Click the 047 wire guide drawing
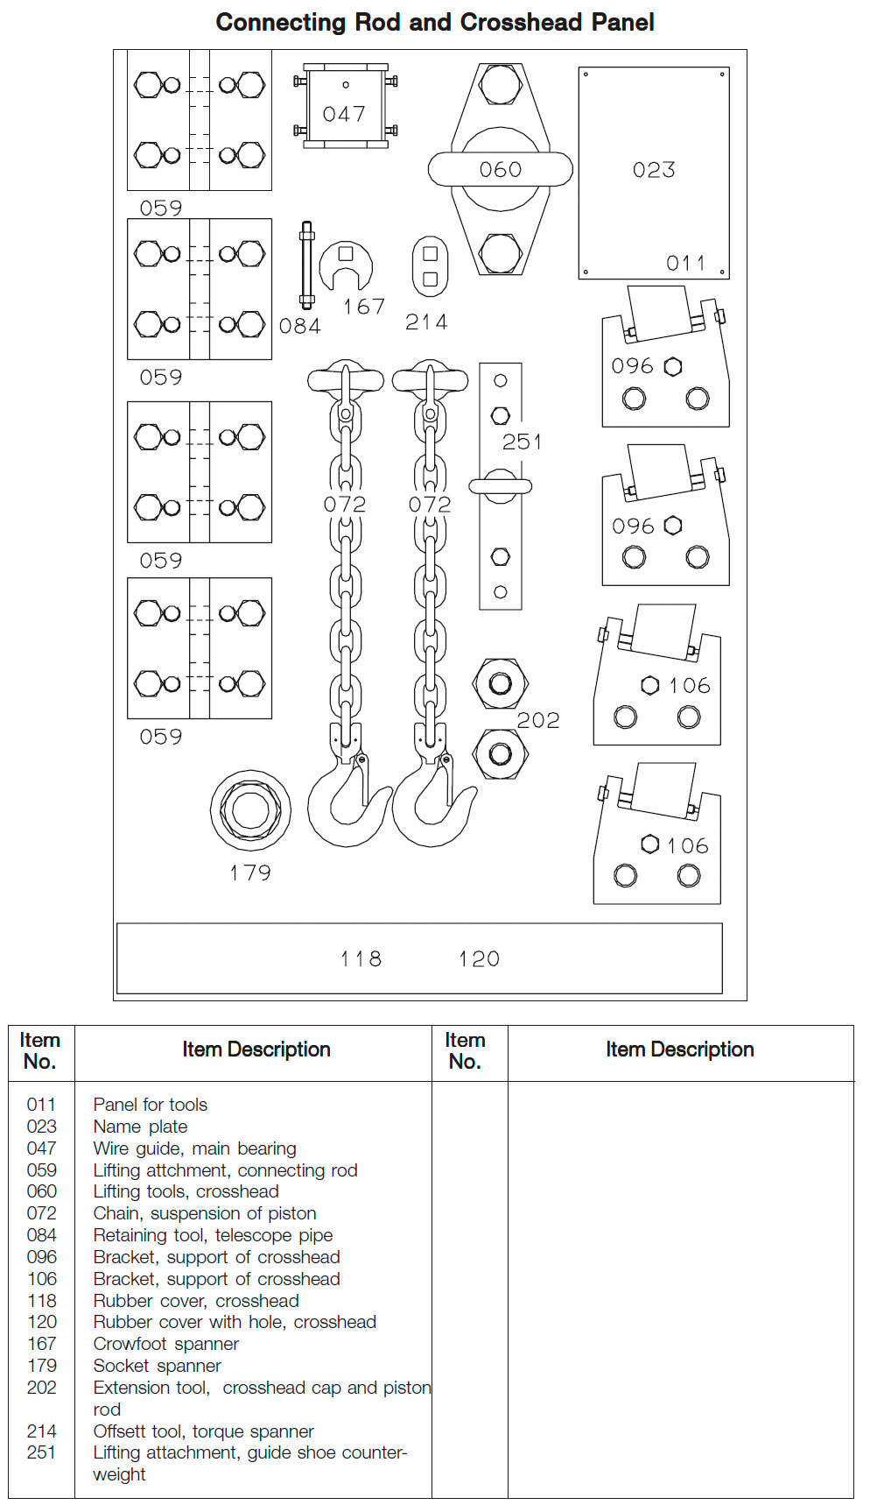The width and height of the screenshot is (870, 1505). (x=345, y=107)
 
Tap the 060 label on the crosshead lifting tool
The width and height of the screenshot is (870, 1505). (x=501, y=170)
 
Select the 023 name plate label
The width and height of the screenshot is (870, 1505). (x=654, y=170)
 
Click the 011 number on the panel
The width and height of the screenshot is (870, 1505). (x=686, y=263)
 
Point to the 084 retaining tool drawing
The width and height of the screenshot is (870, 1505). (x=306, y=265)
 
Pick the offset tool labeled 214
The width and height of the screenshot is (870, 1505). (x=430, y=266)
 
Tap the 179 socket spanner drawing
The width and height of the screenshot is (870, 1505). (x=250, y=810)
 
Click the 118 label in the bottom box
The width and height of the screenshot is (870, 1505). (x=361, y=959)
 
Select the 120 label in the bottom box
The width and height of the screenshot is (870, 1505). (x=480, y=959)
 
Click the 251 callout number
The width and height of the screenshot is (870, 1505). (x=522, y=442)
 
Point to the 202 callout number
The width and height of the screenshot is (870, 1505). (x=537, y=720)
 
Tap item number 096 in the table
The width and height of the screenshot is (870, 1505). (x=41, y=1257)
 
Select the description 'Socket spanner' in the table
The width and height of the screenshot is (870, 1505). (x=158, y=1366)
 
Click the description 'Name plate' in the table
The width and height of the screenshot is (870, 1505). (x=140, y=1127)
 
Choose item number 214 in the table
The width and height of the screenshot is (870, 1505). (x=41, y=1431)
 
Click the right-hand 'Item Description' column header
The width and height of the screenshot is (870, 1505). (x=679, y=1049)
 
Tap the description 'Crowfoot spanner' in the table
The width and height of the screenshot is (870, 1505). (x=166, y=1344)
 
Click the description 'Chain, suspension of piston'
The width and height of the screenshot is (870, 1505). (x=205, y=1213)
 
